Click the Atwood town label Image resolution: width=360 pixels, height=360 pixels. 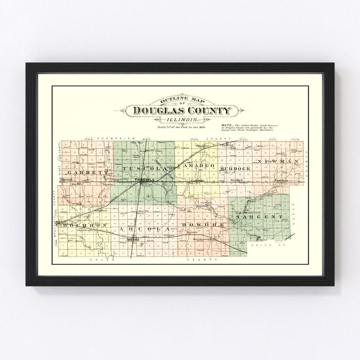(x=66, y=179)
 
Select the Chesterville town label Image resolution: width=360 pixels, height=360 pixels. (x=84, y=230)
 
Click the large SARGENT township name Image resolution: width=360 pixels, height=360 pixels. (x=259, y=217)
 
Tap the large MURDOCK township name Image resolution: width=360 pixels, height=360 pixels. (x=235, y=169)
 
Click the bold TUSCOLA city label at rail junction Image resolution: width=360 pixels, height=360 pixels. (x=144, y=180)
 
